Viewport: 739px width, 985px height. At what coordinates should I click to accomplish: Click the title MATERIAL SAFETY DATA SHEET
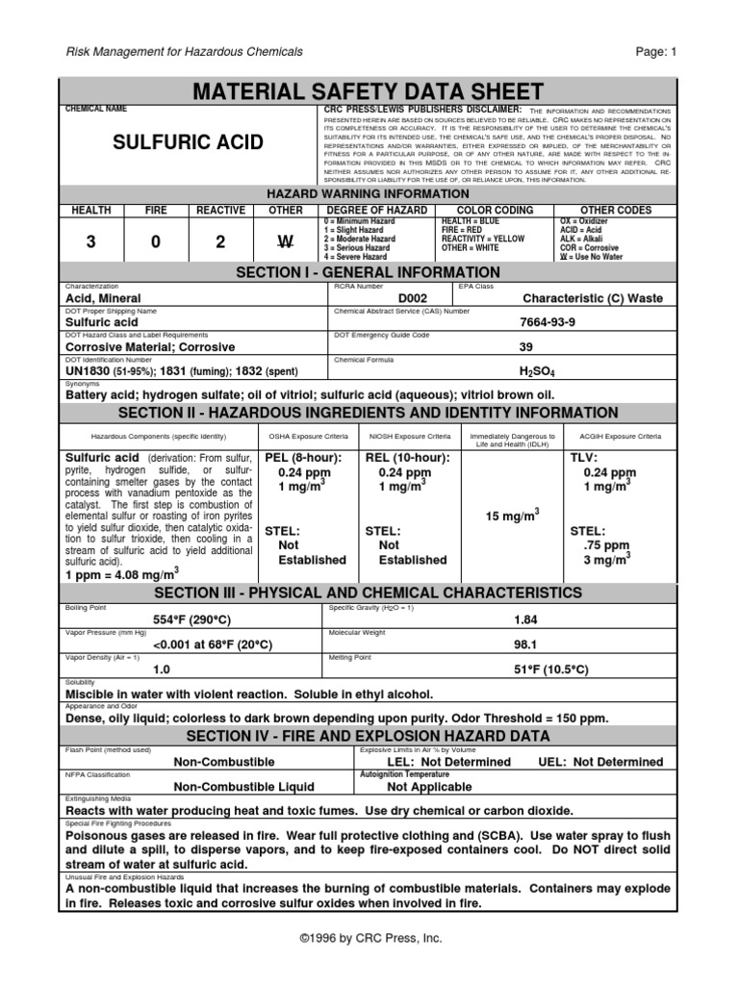click(369, 92)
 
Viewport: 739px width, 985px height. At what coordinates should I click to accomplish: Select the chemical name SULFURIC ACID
click(188, 142)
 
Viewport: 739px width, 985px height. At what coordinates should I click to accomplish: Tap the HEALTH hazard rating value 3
click(91, 242)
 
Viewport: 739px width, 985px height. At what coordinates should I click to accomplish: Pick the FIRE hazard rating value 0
click(155, 242)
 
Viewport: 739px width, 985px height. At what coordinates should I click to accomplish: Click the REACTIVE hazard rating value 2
click(220, 242)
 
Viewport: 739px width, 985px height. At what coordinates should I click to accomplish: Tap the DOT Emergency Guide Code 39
click(525, 346)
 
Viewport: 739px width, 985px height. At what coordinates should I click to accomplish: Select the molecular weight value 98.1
click(525, 644)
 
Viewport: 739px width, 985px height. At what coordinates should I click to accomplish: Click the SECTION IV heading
click(369, 736)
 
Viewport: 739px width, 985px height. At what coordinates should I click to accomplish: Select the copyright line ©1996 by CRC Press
click(369, 937)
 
